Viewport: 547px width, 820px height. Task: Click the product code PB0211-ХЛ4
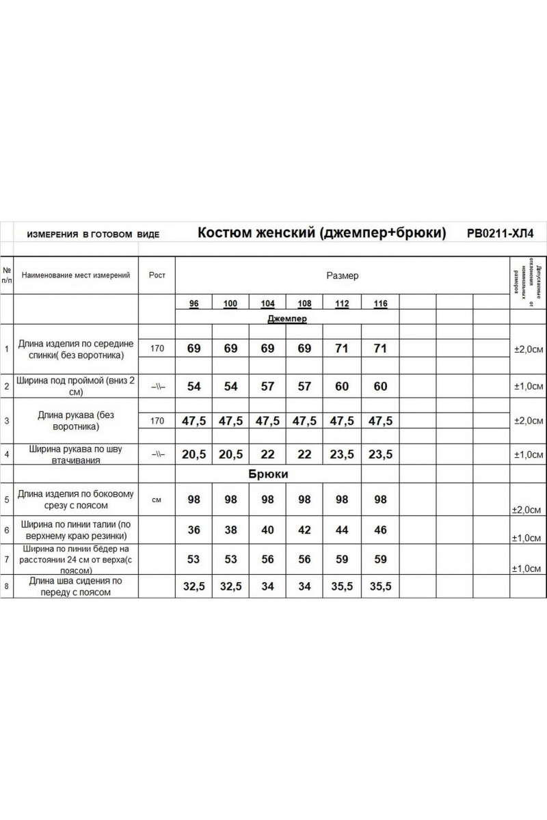tap(500, 233)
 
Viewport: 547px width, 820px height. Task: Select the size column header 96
tap(194, 303)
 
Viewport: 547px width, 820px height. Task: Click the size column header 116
tap(380, 303)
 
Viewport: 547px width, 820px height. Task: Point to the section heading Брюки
tap(268, 474)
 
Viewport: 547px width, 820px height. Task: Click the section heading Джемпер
tap(286, 318)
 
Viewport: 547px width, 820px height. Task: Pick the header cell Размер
tap(342, 276)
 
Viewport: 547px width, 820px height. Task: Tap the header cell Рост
tap(157, 275)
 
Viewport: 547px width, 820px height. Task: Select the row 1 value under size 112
tap(343, 348)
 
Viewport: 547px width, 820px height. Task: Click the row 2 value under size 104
tap(267, 387)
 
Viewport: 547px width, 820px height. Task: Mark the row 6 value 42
tap(305, 530)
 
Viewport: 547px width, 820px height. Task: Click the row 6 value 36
tap(194, 530)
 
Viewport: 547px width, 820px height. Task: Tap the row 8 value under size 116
tap(380, 587)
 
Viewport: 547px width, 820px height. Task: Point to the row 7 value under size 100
tap(230, 560)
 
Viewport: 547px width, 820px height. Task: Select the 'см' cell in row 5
tap(157, 500)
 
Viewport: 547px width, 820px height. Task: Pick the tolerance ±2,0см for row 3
tap(528, 421)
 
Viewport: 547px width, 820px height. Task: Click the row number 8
tap(6, 586)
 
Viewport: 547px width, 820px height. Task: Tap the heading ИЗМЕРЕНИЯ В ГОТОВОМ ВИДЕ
tap(93, 234)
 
